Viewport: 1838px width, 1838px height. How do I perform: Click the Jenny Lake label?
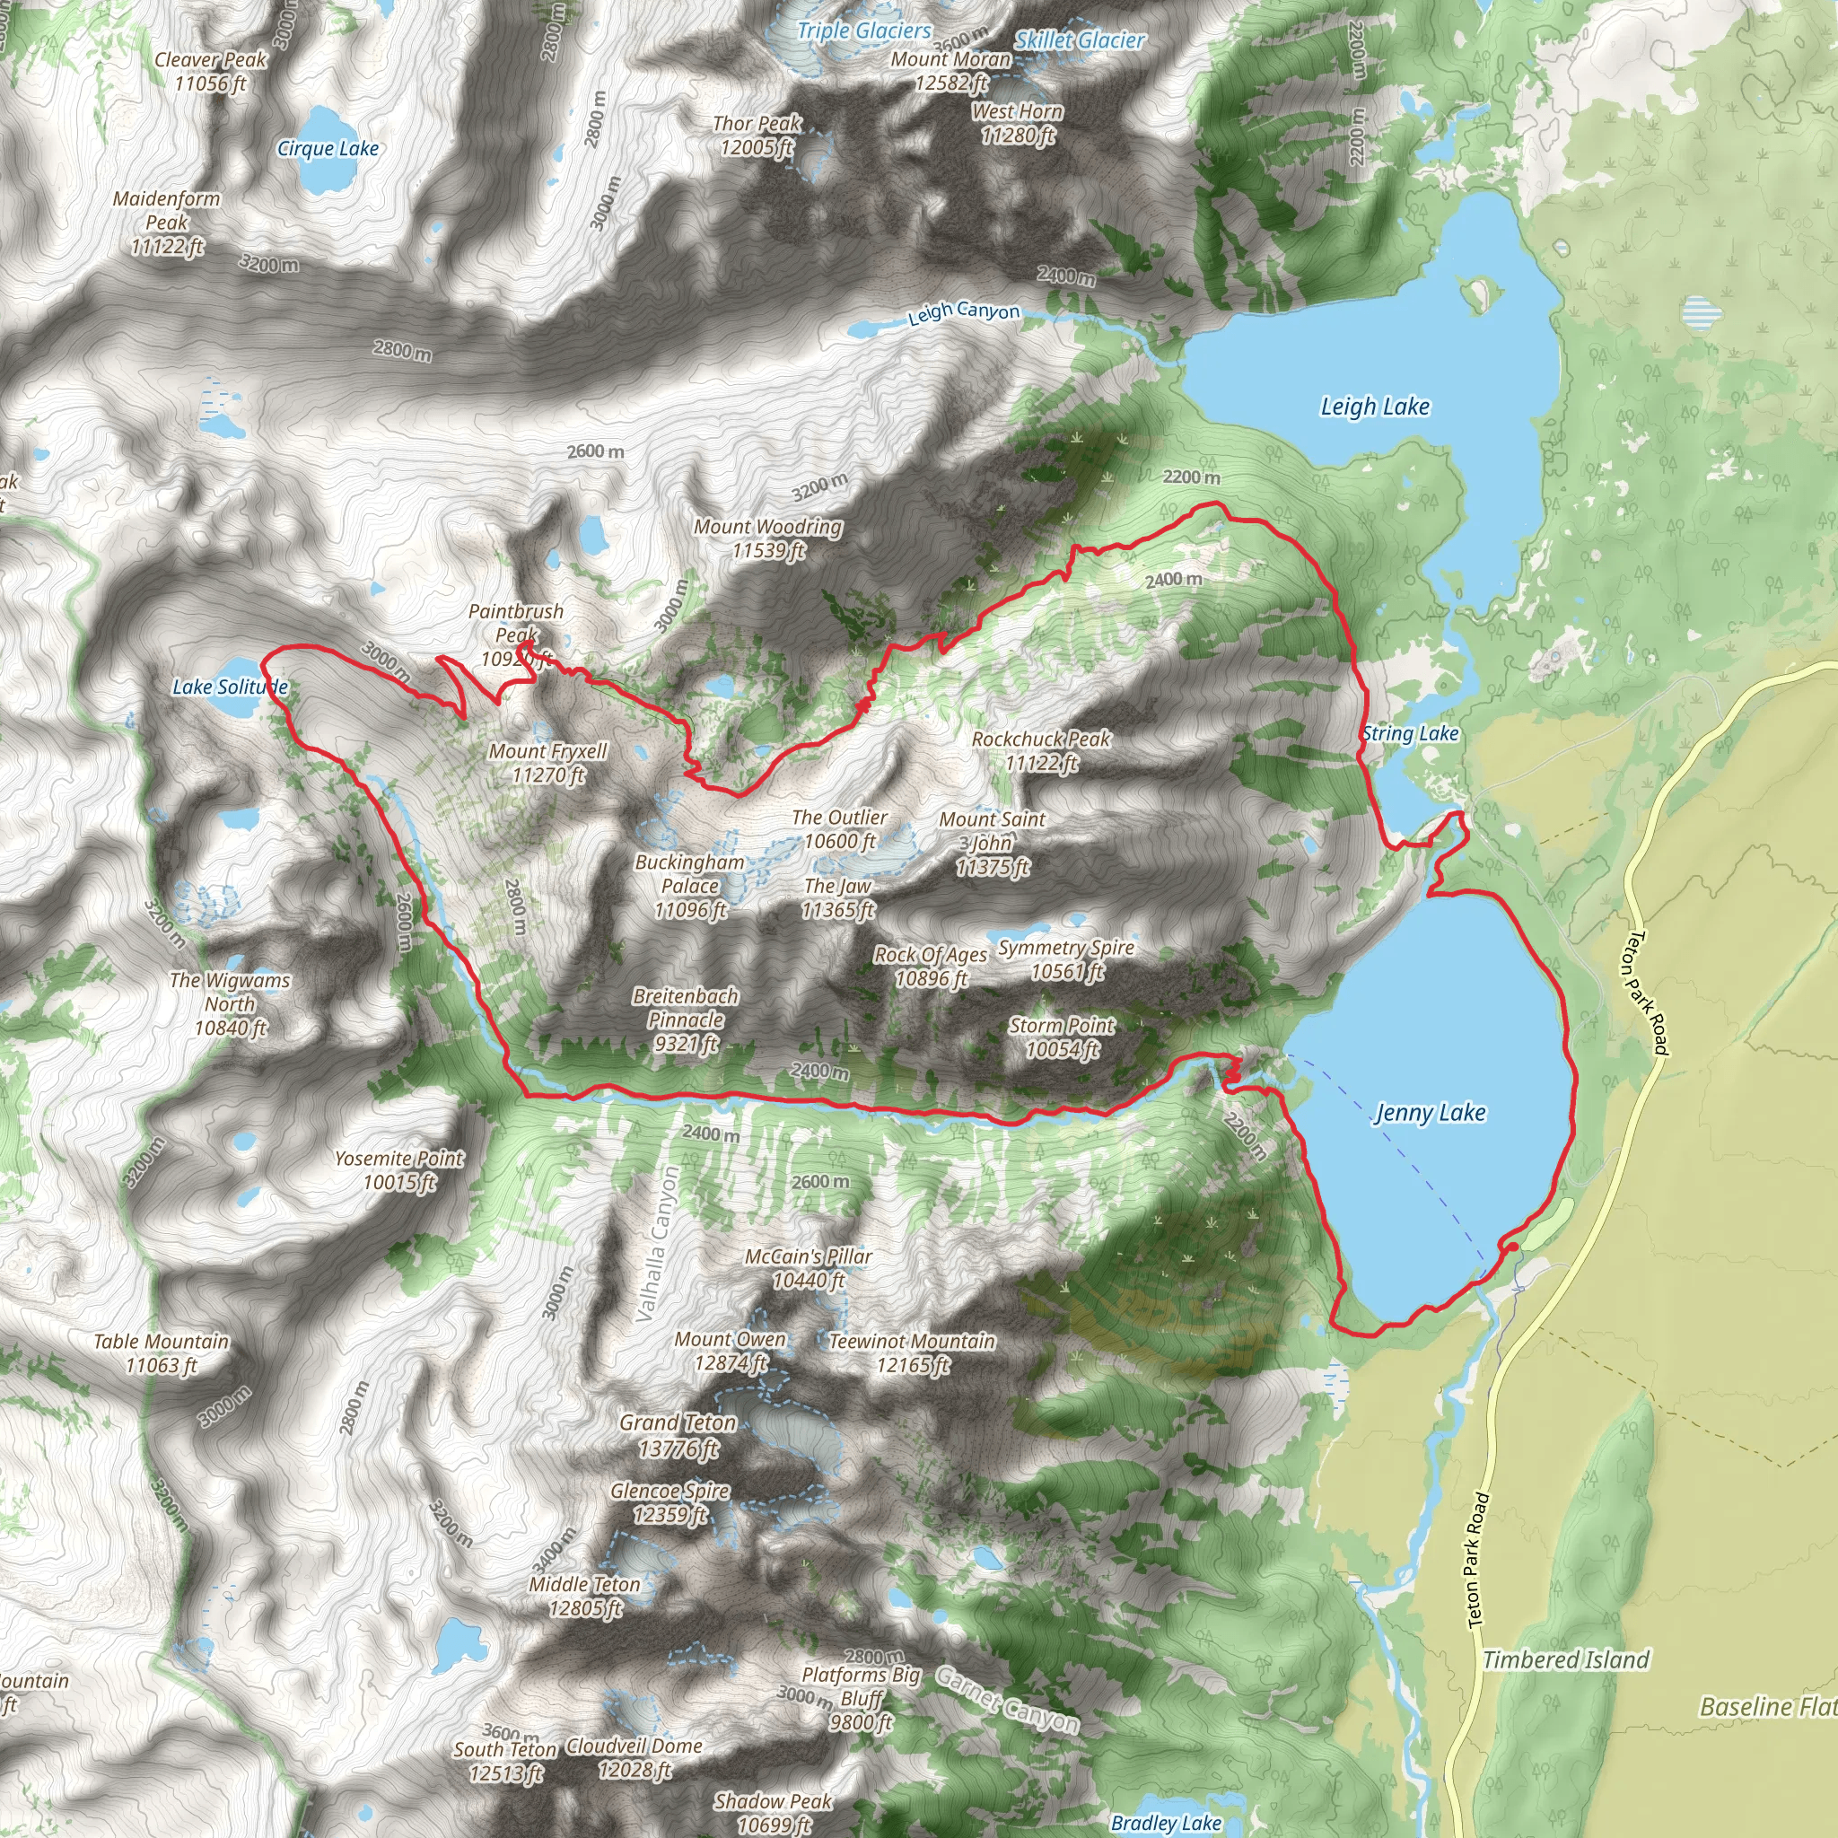click(x=1430, y=1112)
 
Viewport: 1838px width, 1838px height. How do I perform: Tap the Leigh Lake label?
click(x=1375, y=407)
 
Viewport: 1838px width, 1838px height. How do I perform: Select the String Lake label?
click(x=1410, y=733)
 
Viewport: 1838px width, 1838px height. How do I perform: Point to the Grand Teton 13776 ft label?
click(x=678, y=1435)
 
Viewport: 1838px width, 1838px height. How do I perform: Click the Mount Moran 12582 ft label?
click(x=950, y=70)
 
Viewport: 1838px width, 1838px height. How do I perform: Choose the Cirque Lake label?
click(x=328, y=148)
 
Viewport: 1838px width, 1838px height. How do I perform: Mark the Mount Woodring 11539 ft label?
click(x=767, y=538)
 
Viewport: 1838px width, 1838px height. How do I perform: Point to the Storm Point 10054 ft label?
click(x=1062, y=1037)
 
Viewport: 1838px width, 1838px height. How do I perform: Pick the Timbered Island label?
click(x=1565, y=1660)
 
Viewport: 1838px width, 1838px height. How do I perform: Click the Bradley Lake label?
click(x=1166, y=1823)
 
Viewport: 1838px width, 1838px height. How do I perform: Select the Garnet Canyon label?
click(x=1007, y=1700)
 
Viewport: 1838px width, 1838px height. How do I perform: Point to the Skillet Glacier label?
click(x=1079, y=40)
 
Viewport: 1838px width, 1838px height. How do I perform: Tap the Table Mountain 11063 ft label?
click(x=161, y=1352)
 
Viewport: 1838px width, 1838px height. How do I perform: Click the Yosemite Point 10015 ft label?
click(x=398, y=1170)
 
